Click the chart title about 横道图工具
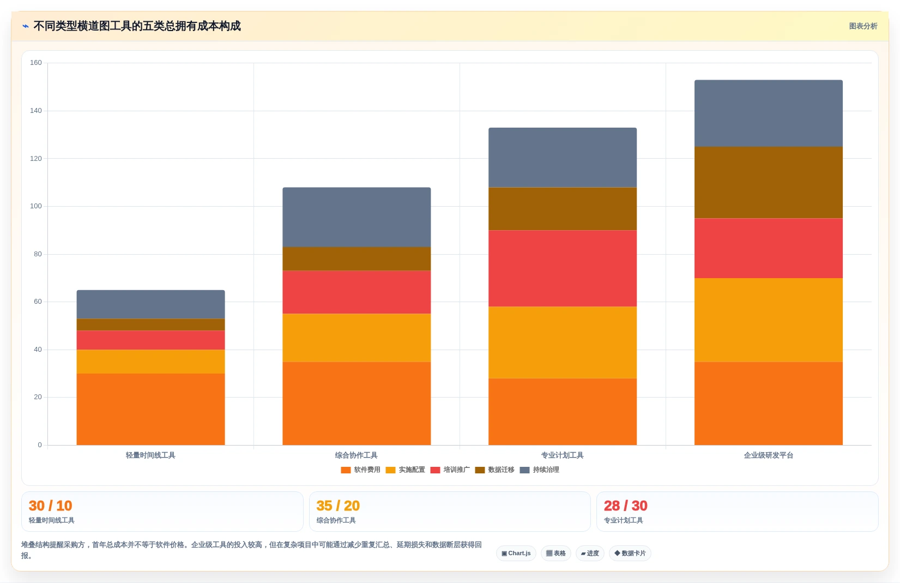tap(137, 26)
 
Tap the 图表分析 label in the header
tap(863, 26)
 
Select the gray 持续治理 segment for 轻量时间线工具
tap(150, 304)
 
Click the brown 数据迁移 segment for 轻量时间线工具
tap(150, 325)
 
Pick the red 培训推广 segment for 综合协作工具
tap(357, 292)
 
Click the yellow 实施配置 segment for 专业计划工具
tap(563, 342)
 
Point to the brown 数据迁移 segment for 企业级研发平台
tap(768, 183)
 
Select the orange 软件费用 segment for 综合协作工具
tap(357, 404)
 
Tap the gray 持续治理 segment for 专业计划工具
tap(563, 158)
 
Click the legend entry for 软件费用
tap(360, 470)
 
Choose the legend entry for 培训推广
tap(450, 470)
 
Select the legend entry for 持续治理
tap(540, 470)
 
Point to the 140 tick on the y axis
tap(36, 111)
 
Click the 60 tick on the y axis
tap(38, 302)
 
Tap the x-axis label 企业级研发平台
tap(768, 455)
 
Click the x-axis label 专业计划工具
tap(563, 455)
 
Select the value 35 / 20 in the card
tap(338, 506)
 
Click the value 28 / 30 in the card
tap(626, 506)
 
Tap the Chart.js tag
tap(516, 553)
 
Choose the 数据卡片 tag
tap(630, 553)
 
